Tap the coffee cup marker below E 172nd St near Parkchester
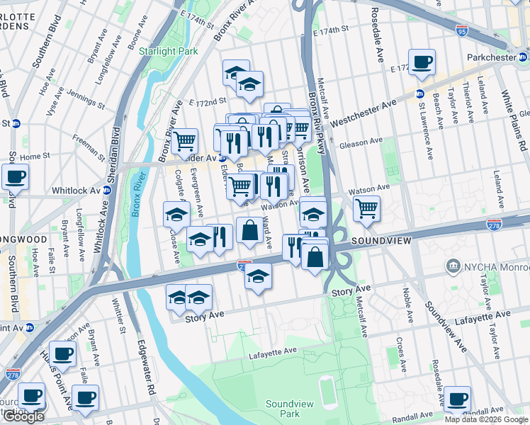422,62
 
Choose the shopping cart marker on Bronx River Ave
185,141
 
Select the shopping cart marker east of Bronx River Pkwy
366,208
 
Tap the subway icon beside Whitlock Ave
108,190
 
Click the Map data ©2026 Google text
486,419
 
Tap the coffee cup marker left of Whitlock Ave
15,177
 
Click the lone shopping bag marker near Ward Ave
249,230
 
